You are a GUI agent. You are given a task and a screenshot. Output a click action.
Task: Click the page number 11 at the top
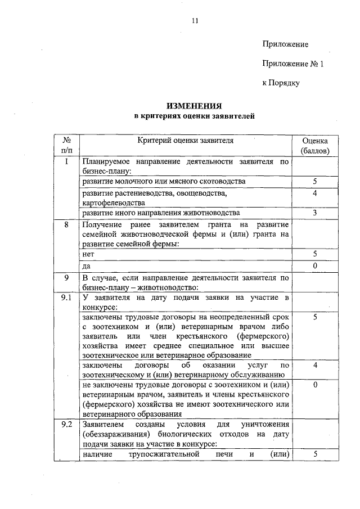tap(195, 21)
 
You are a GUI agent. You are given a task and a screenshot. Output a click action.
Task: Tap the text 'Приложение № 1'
tap(293, 64)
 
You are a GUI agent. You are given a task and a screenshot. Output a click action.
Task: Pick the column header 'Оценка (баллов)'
tap(315, 146)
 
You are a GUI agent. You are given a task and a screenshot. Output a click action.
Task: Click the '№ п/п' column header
tap(66, 146)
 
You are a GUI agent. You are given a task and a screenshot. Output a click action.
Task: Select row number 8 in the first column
tap(66, 225)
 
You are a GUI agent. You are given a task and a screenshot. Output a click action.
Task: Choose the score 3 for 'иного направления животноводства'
tap(315, 213)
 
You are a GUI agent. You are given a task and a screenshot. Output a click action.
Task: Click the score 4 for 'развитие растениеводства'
tap(315, 193)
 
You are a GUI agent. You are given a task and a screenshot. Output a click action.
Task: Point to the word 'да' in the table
tap(86, 265)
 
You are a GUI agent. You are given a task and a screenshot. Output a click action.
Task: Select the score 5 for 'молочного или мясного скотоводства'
tap(315, 182)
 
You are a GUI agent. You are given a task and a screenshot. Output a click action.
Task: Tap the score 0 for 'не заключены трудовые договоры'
tap(315, 385)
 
